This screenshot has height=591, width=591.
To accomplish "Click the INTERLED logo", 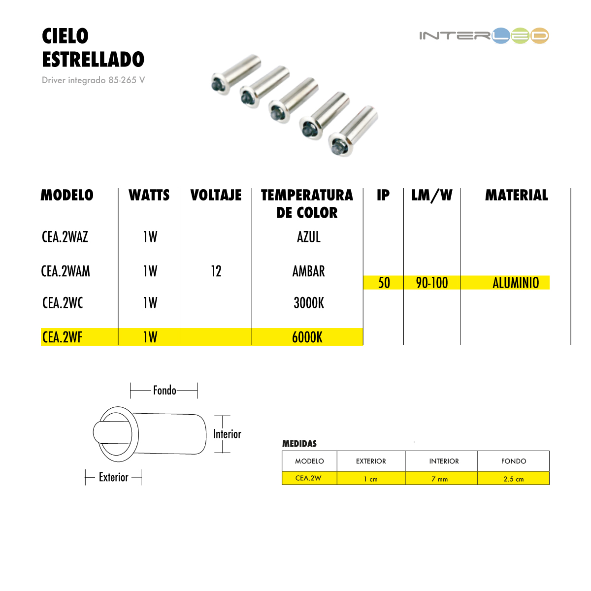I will point(484,35).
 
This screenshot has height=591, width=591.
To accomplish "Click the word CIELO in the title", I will point(65,36).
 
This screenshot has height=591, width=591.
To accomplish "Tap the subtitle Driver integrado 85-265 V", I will point(93,80).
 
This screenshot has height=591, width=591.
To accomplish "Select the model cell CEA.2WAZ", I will point(65,237).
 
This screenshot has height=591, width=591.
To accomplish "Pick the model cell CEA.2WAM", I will point(66,271).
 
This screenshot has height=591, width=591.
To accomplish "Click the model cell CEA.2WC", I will point(63,303).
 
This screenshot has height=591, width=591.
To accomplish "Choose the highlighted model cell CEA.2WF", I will point(63,337).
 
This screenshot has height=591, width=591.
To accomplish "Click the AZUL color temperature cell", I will point(308,237).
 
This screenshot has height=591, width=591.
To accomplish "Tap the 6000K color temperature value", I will point(307,337).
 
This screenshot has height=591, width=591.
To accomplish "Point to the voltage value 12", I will point(216,271).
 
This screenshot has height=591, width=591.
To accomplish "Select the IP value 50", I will point(384,283).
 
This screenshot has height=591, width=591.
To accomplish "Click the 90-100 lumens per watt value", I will point(432,283).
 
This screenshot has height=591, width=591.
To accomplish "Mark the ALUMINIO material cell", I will point(516,283).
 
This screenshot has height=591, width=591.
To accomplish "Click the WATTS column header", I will point(149,195).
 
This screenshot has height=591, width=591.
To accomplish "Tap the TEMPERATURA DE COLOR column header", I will point(307,203).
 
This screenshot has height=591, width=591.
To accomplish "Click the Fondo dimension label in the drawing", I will point(164,391).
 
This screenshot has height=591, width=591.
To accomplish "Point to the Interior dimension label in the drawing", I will point(227,434).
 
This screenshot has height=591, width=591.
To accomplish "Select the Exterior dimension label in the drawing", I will point(113,477).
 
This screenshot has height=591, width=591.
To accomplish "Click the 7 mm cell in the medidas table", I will point(440,479).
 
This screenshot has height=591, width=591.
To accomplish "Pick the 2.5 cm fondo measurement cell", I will point(514,479).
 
